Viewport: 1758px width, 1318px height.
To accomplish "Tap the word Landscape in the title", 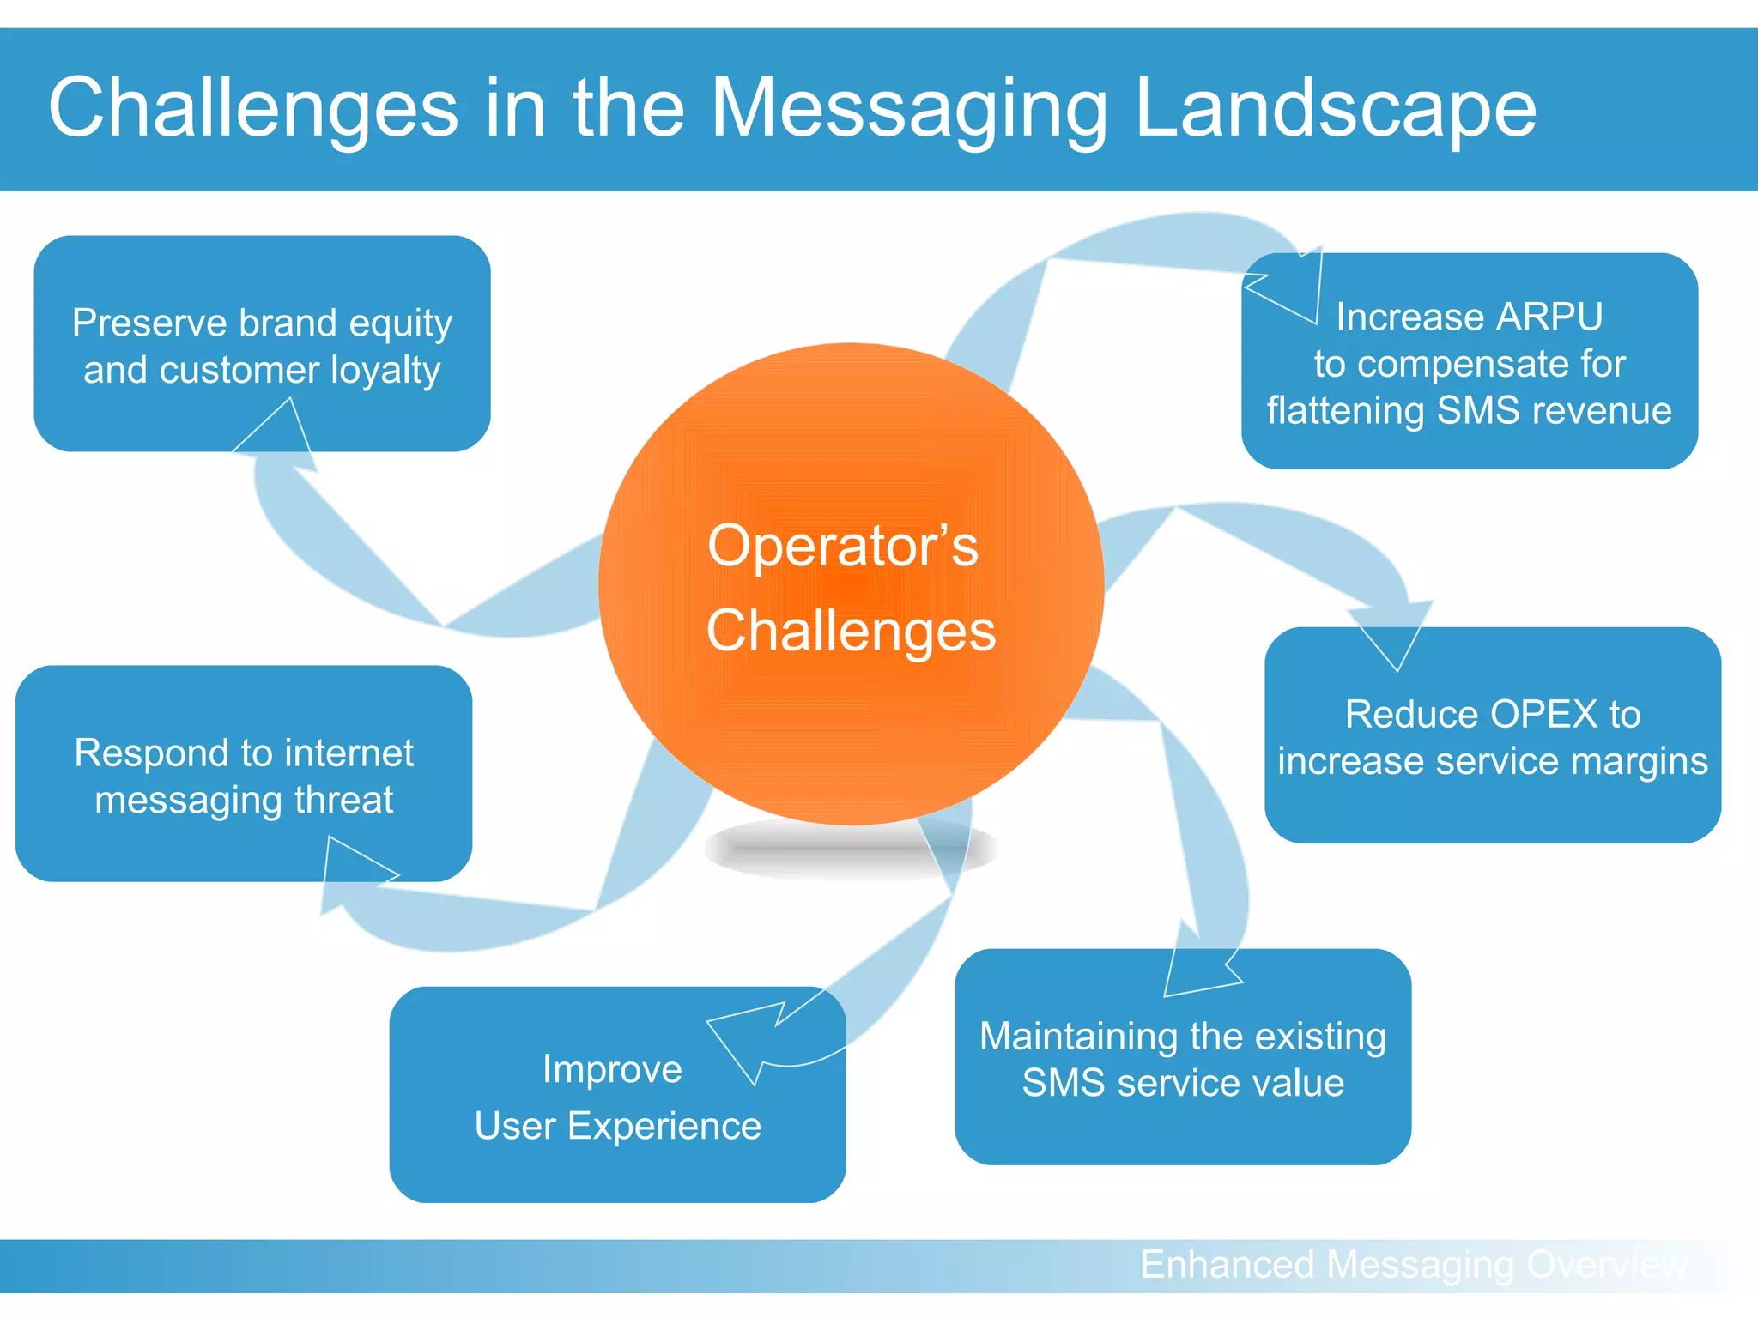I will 1335,109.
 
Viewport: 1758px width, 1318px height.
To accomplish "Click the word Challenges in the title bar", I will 253,109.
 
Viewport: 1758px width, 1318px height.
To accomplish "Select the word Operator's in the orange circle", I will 842,546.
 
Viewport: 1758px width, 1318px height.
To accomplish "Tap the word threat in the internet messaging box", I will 343,800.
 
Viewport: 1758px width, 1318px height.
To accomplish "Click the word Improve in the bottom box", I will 612,1069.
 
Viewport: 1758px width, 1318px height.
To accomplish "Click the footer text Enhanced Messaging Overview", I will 1412,1265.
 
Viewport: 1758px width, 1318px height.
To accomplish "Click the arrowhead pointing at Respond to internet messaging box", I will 352,875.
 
